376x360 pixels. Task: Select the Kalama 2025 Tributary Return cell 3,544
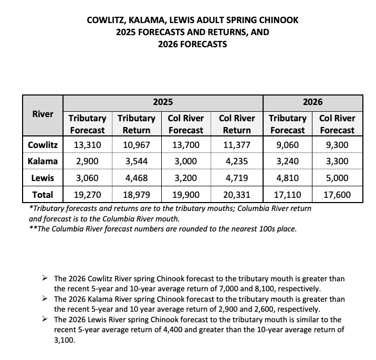point(137,161)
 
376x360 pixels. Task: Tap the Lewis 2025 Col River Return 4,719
point(236,178)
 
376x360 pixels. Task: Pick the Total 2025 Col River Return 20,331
point(236,195)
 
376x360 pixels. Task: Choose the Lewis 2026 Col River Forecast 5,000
point(337,178)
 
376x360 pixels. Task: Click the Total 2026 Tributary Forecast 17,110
point(287,195)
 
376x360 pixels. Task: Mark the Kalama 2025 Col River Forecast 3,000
point(186,161)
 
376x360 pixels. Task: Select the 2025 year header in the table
point(163,102)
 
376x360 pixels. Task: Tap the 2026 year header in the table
point(312,102)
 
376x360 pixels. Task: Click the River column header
point(43,113)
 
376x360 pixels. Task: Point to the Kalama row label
point(43,161)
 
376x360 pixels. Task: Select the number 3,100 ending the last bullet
point(65,340)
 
